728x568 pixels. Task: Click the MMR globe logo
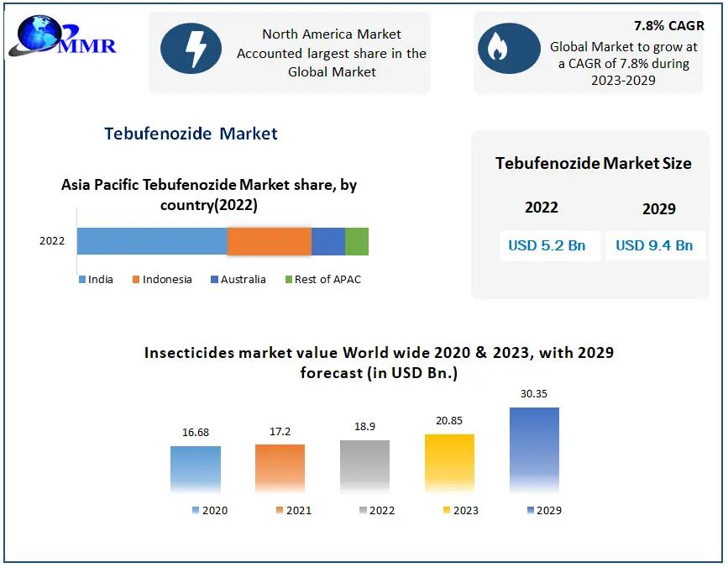click(x=63, y=36)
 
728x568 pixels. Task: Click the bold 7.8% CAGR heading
click(x=669, y=26)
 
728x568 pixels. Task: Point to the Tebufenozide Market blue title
click(x=191, y=134)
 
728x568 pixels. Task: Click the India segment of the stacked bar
click(x=152, y=241)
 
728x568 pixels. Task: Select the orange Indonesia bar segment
click(x=270, y=241)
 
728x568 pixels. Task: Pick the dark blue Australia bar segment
click(x=328, y=241)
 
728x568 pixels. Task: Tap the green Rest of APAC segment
click(x=357, y=241)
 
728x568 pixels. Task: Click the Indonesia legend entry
click(x=163, y=280)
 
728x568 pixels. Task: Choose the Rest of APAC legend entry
click(x=323, y=280)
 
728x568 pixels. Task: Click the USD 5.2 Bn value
click(x=547, y=245)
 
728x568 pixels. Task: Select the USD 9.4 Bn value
click(x=654, y=245)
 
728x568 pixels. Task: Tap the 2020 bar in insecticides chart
click(x=196, y=469)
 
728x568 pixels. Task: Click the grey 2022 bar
click(x=365, y=465)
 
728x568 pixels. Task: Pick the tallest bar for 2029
click(x=534, y=450)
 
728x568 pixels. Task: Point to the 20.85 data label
click(x=449, y=421)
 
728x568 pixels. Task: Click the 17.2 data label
click(x=280, y=432)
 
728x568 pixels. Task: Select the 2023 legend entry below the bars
click(x=461, y=510)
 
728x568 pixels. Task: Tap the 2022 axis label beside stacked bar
click(x=52, y=241)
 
